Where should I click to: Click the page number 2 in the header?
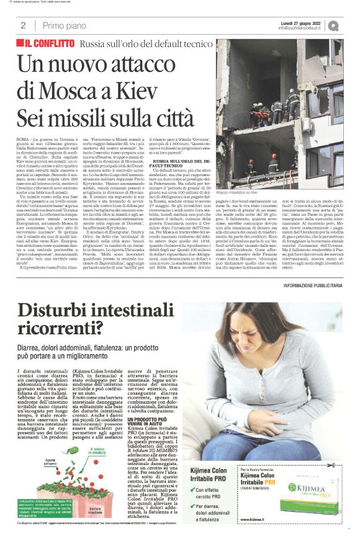click(23, 25)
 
